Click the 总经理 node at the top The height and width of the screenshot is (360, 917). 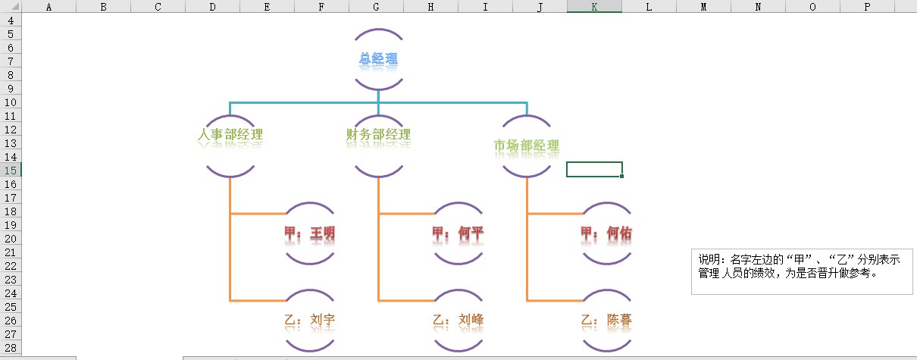(x=378, y=58)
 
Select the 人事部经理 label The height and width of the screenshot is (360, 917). (x=230, y=135)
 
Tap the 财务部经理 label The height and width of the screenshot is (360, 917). (x=378, y=135)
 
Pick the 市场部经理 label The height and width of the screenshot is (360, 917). (x=526, y=146)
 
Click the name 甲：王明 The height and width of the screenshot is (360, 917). (x=308, y=233)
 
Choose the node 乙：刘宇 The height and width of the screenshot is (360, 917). (x=308, y=320)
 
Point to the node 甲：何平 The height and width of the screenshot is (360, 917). (x=457, y=233)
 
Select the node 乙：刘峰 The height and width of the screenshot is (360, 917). (x=457, y=320)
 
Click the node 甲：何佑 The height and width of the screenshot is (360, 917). (x=605, y=233)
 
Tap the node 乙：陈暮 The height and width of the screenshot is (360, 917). (x=605, y=320)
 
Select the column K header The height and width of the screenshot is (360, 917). (x=594, y=7)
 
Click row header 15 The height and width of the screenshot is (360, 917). (x=11, y=171)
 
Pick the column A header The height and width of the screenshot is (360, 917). (x=49, y=7)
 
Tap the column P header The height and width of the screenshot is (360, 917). (x=867, y=7)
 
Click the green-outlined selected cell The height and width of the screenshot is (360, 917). (x=594, y=169)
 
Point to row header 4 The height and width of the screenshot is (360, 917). (x=11, y=20)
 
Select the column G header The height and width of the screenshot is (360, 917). (x=376, y=7)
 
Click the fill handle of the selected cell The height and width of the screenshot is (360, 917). (x=621, y=176)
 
